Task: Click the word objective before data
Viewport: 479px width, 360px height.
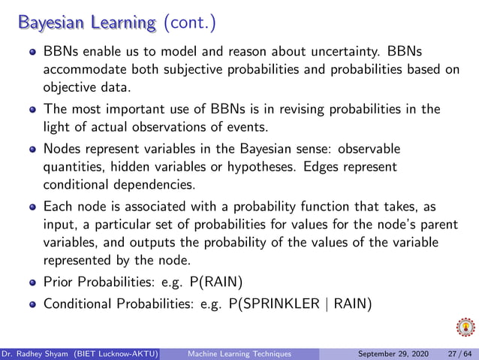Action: coord(72,86)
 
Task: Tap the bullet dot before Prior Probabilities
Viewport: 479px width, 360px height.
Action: coord(32,284)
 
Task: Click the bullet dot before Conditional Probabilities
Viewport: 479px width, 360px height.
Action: coord(32,304)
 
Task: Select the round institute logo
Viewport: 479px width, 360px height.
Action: coord(465,328)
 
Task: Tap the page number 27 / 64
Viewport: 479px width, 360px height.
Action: coord(459,353)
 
